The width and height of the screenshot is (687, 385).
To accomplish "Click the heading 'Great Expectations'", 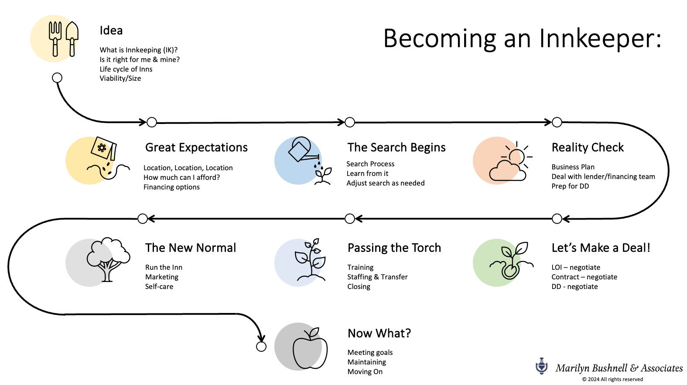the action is [196, 148].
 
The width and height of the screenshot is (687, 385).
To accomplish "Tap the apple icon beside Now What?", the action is [310, 348].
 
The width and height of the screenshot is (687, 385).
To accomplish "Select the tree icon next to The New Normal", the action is [108, 259].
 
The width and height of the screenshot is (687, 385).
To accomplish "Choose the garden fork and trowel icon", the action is [64, 39].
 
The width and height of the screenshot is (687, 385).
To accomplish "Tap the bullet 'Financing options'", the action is [171, 187].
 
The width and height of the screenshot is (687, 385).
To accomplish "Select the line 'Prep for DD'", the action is [570, 186].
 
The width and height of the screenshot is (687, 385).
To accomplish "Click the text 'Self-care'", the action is [159, 286].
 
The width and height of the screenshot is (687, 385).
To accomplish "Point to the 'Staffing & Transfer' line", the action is [377, 277].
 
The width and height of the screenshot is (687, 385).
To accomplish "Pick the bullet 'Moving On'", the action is [365, 371].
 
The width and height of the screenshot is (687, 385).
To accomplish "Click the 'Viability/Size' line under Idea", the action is [120, 78].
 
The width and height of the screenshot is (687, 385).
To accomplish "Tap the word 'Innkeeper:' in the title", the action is [600, 38].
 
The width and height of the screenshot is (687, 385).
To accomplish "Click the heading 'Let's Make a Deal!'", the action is [601, 248].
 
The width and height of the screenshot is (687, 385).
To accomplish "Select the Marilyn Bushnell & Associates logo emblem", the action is [542, 366].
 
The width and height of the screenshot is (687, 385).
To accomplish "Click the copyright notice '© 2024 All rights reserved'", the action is [612, 379].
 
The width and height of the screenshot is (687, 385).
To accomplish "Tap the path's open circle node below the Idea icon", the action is [57, 78].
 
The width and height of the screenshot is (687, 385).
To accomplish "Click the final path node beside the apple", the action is [261, 347].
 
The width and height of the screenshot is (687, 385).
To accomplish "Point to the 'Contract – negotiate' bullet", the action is [584, 277].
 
